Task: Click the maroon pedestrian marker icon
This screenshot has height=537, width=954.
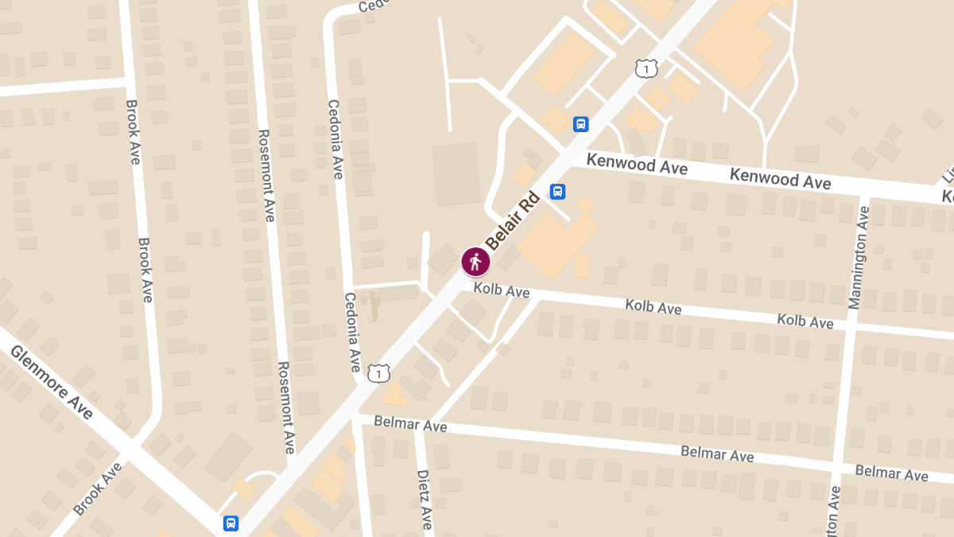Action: [x=475, y=261]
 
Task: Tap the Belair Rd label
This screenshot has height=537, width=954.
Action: [x=513, y=220]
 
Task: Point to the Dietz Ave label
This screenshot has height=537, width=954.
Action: [x=425, y=499]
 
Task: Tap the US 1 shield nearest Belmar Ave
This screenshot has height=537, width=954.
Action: [x=379, y=372]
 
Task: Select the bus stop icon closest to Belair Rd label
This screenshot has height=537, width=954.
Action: [x=558, y=192]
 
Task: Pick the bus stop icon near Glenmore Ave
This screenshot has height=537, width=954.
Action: [x=231, y=523]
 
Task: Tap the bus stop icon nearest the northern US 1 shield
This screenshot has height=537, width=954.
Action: [x=581, y=124]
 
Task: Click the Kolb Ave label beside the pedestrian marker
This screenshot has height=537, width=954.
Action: [x=501, y=290]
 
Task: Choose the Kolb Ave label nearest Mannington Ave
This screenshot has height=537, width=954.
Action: [x=805, y=321]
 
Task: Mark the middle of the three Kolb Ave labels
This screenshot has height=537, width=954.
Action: [x=653, y=305]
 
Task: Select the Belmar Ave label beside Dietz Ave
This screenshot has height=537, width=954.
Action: [x=410, y=424]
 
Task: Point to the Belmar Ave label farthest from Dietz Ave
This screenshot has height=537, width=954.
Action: [x=891, y=473]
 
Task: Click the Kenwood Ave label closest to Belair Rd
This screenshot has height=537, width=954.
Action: [x=637, y=165]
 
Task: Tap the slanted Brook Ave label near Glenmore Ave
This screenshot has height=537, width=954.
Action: [x=99, y=487]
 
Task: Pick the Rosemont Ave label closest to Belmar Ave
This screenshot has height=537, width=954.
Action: [x=285, y=407]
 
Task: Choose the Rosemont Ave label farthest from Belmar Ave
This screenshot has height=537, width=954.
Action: [x=265, y=175]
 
